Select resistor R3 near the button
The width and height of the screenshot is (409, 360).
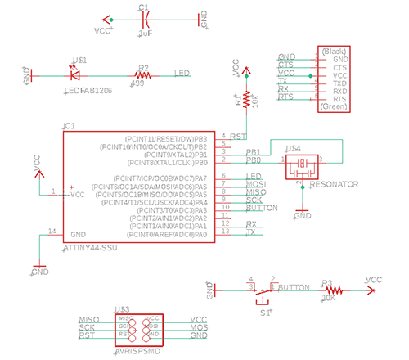click(330, 290)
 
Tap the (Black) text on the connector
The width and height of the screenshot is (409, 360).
click(335, 51)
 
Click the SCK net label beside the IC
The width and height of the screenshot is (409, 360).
click(254, 200)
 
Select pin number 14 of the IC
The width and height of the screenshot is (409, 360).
click(52, 232)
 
